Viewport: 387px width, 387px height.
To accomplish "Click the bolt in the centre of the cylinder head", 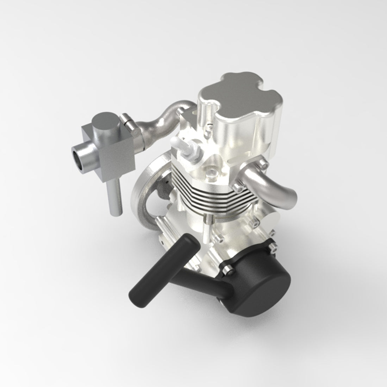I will tap(211, 171).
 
